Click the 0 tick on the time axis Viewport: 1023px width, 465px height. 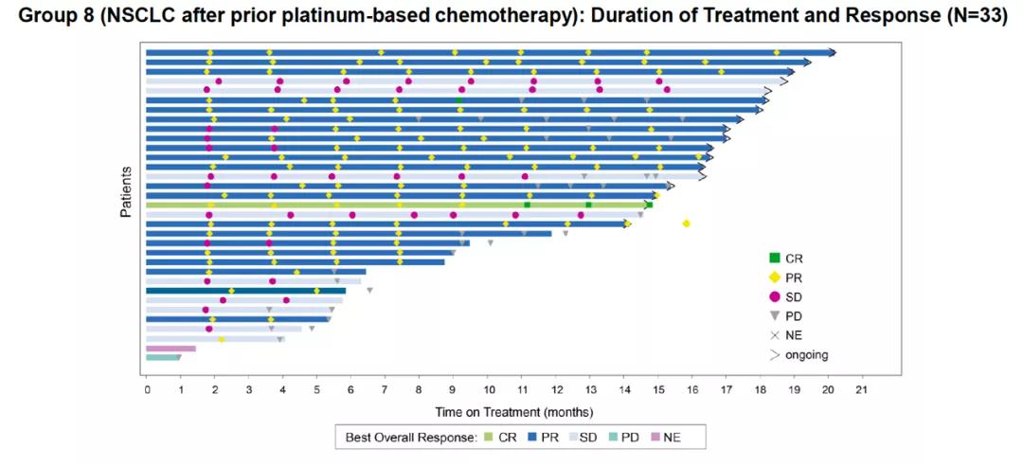[x=147, y=389]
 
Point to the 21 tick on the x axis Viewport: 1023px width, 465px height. [x=861, y=389]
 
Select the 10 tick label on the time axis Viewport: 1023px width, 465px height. [x=487, y=389]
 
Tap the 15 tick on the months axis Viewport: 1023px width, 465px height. [x=657, y=389]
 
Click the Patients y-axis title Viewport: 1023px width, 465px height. [x=125, y=192]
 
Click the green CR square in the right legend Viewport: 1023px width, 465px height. [x=774, y=257]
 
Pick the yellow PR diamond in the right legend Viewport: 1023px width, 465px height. [x=774, y=277]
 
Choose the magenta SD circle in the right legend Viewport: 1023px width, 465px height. [x=774, y=296]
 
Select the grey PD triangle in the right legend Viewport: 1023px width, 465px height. [x=774, y=315]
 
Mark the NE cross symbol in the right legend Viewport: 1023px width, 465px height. [x=774, y=335]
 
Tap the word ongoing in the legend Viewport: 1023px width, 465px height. [x=807, y=355]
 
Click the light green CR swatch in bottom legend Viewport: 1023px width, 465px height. [x=489, y=438]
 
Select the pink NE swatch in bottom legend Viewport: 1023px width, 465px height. [x=655, y=438]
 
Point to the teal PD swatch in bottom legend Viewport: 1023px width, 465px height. [x=612, y=438]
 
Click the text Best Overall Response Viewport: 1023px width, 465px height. [x=410, y=438]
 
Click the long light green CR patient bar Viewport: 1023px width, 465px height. [x=398, y=205]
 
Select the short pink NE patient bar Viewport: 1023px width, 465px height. [x=170, y=349]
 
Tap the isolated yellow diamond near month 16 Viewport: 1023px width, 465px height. [x=686, y=224]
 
